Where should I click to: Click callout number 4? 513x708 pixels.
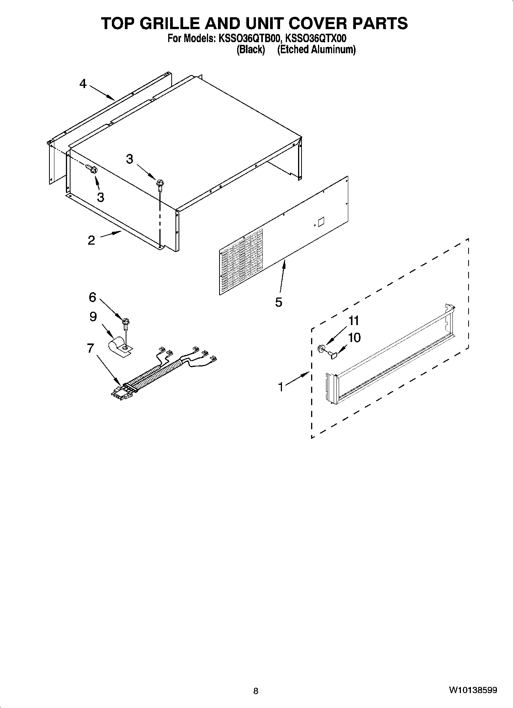tap(83, 83)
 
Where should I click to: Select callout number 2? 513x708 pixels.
tap(91, 240)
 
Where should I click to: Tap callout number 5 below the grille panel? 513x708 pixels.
tap(279, 302)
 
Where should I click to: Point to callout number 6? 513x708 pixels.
tap(92, 297)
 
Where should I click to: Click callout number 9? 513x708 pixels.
tap(93, 317)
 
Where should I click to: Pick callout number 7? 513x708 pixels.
tap(90, 348)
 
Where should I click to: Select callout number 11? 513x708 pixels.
tap(353, 320)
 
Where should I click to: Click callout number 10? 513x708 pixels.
tap(354, 338)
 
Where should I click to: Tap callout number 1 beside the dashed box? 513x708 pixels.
tap(281, 387)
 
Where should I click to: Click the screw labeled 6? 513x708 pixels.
tap(125, 324)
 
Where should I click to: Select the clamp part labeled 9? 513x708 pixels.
tap(119, 346)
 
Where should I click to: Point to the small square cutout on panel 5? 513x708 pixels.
tap(321, 221)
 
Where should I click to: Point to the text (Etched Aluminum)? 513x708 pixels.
tap(316, 49)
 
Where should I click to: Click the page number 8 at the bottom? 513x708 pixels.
tap(256, 691)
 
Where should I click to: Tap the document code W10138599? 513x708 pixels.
tap(473, 690)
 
